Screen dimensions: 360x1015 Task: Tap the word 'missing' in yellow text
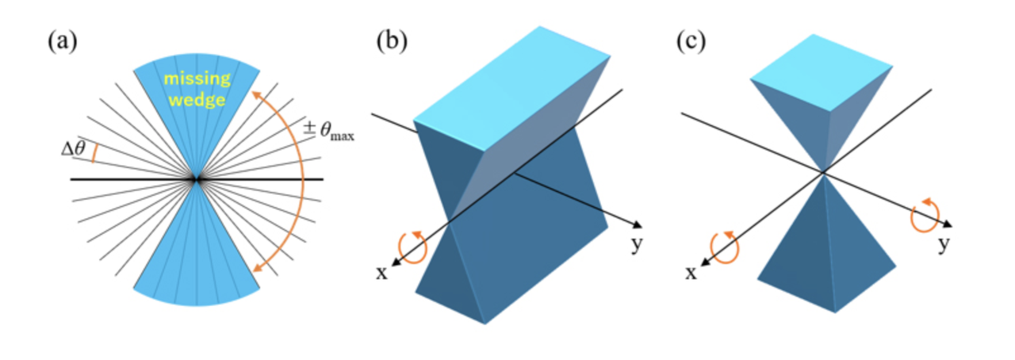[x=197, y=79]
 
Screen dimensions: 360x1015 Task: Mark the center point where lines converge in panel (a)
[x=196, y=180]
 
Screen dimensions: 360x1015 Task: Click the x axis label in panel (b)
[x=381, y=272]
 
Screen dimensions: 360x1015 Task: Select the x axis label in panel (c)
[x=690, y=272]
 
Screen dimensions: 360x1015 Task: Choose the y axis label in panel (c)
[x=943, y=245]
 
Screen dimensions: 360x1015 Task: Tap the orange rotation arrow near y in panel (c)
[x=925, y=216]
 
